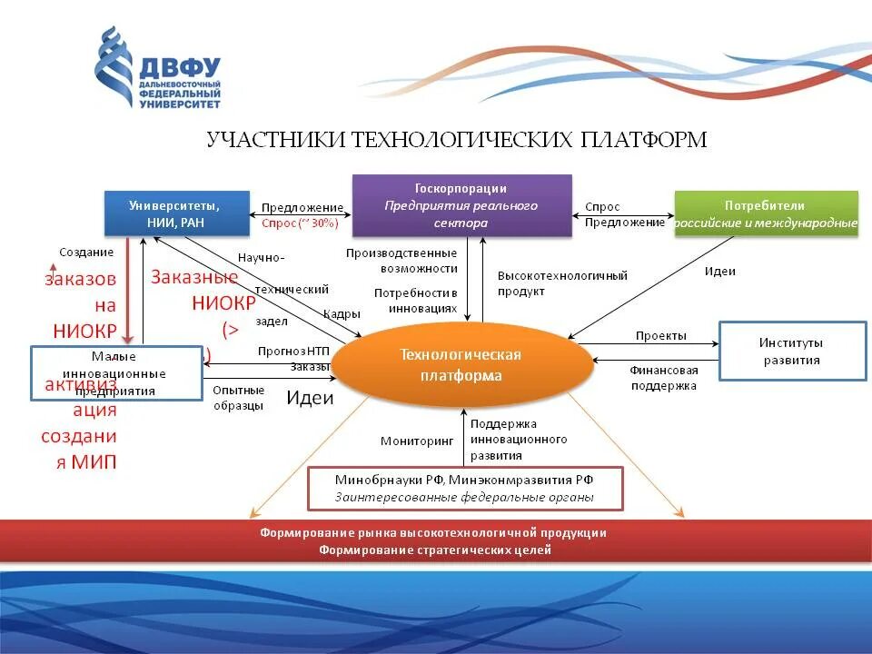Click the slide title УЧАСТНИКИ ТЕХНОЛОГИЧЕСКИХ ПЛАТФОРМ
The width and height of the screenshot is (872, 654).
[x=456, y=139]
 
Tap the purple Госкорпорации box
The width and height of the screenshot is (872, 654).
[x=461, y=206]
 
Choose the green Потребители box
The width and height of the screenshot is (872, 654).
[x=765, y=213]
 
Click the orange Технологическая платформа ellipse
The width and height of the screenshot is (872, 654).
[x=461, y=364]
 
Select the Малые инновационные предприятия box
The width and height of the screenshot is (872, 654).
[x=115, y=373]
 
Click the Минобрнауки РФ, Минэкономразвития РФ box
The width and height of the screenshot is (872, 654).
[x=465, y=488]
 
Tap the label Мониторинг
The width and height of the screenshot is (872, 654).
[x=417, y=441]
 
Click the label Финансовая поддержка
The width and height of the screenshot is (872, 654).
[x=663, y=378]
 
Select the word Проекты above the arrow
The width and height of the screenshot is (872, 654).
[x=660, y=336]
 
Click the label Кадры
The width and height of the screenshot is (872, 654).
[x=342, y=313]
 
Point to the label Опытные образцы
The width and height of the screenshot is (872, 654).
[x=238, y=398]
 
